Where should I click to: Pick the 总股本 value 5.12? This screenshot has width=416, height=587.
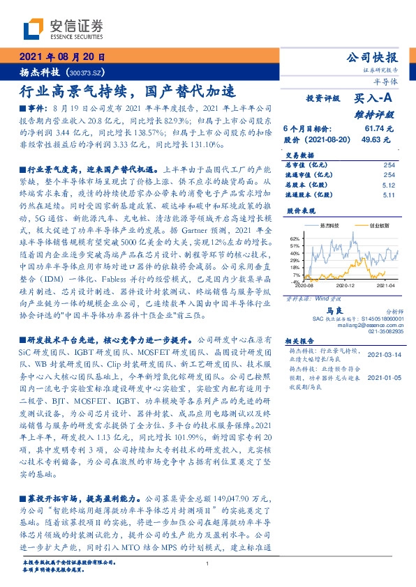[389, 186]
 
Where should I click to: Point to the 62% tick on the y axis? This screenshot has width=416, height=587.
[295, 238]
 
